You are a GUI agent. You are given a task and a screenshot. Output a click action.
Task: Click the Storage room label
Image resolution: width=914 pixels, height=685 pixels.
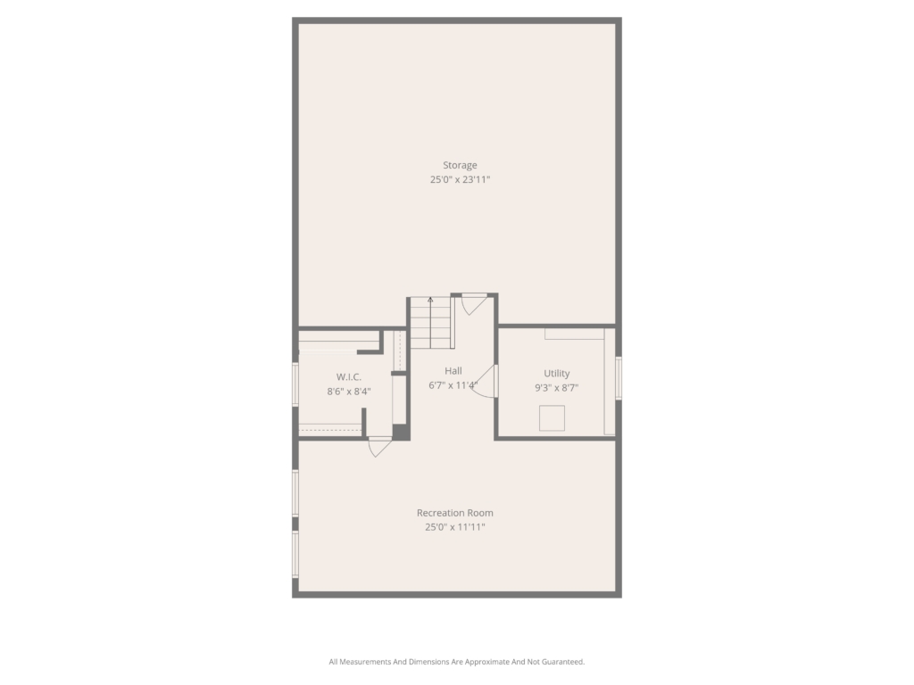460,165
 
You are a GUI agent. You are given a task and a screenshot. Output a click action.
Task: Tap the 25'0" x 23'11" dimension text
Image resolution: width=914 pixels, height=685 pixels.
460,180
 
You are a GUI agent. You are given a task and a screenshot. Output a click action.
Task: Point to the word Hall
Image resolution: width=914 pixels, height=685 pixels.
453,371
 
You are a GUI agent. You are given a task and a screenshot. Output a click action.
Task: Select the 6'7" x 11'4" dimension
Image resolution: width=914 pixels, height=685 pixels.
453,385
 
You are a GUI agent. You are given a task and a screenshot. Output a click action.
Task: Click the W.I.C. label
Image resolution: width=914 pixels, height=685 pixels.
349,377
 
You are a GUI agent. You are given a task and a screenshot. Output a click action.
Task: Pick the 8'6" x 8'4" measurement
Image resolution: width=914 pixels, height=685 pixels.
349,392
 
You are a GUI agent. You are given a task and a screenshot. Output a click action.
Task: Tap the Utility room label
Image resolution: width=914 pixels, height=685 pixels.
557,374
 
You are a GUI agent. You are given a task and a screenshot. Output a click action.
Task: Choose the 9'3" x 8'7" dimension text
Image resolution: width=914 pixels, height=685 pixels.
557,388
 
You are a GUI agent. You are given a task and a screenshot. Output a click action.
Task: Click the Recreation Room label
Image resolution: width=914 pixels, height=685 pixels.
454,513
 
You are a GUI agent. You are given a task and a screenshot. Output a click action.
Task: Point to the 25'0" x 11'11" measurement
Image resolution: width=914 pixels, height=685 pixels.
454,527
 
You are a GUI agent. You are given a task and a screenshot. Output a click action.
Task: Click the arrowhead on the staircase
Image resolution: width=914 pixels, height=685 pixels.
430,300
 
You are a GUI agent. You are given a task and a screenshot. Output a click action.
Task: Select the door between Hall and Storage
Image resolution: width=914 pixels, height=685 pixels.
473,304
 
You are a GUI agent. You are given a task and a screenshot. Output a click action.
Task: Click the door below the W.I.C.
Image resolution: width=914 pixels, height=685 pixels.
379,446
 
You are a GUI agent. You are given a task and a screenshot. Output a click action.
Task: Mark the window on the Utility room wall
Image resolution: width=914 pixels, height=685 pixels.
619,378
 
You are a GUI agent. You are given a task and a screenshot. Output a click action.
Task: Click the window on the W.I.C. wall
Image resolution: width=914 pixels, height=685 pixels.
295,384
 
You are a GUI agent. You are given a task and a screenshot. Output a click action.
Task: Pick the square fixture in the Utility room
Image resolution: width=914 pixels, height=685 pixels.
552,418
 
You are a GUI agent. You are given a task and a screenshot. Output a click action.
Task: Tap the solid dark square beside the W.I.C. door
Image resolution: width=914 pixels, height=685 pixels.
400,432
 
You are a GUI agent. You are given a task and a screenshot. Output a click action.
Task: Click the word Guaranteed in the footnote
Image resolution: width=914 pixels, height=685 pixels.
563,662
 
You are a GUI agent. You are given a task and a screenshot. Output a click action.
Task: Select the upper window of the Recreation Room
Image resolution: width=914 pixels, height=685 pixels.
295,493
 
